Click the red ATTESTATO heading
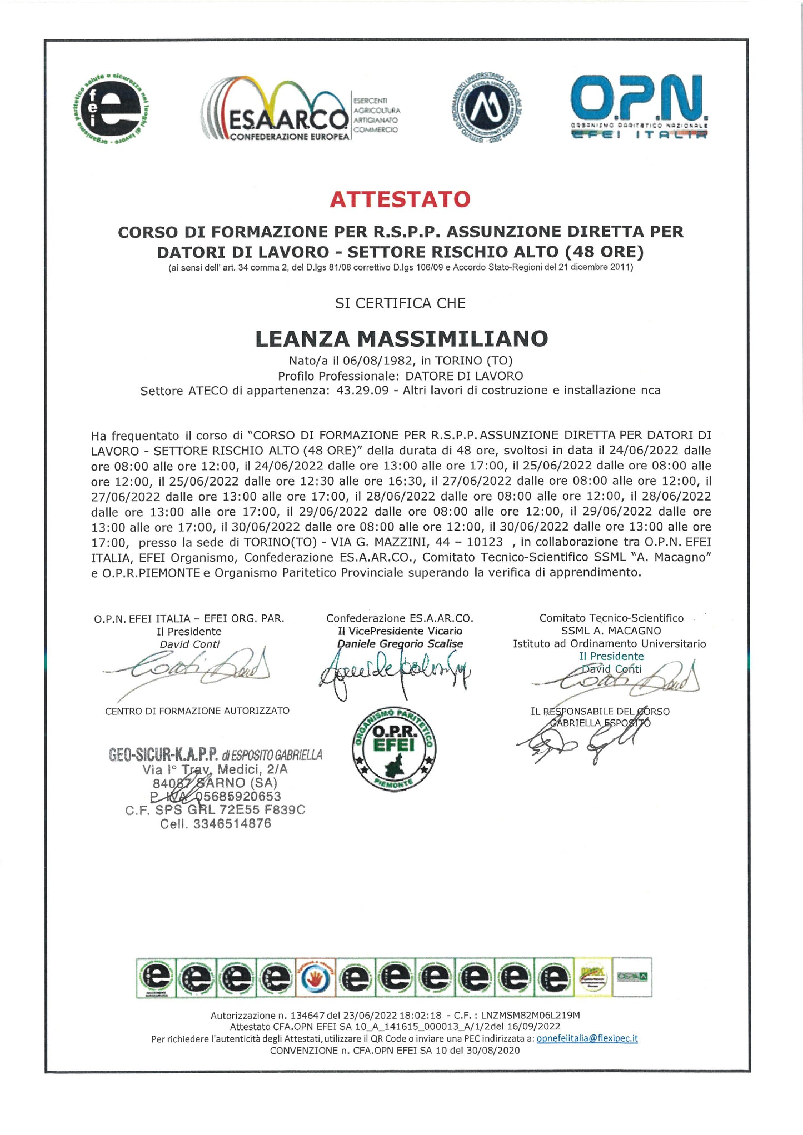click(x=400, y=199)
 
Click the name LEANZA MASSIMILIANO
click(x=401, y=338)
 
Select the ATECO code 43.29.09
click(x=362, y=390)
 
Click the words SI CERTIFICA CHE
click(x=400, y=303)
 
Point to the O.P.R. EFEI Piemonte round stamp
click(x=394, y=748)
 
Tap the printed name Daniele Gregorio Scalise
click(x=400, y=644)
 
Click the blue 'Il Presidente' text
click(x=611, y=656)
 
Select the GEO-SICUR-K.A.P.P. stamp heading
click(x=216, y=755)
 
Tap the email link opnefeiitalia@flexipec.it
click(x=587, y=1038)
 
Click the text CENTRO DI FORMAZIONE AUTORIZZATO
click(x=197, y=711)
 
